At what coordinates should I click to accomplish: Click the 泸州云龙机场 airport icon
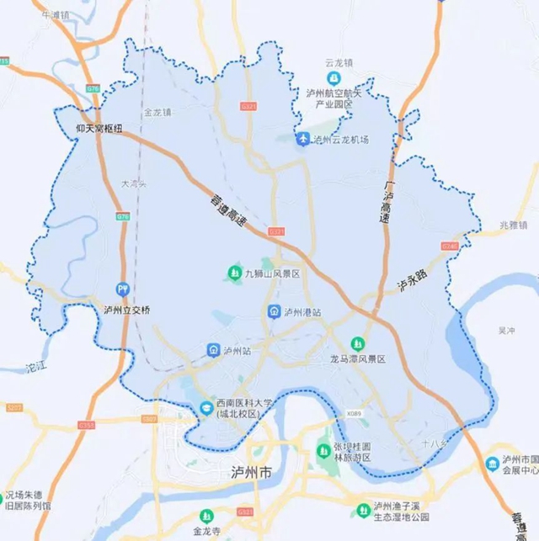click(x=302, y=140)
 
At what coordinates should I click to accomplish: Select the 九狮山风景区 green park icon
click(x=235, y=273)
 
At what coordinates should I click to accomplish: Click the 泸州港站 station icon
click(x=275, y=312)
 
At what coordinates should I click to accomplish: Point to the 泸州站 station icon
click(x=214, y=349)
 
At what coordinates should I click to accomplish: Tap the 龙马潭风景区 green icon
click(x=358, y=343)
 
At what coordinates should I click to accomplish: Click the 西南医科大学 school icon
click(x=205, y=408)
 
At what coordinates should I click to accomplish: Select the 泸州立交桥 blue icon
click(x=124, y=289)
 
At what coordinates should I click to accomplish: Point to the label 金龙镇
click(x=157, y=111)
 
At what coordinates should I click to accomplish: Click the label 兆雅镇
click(x=510, y=225)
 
